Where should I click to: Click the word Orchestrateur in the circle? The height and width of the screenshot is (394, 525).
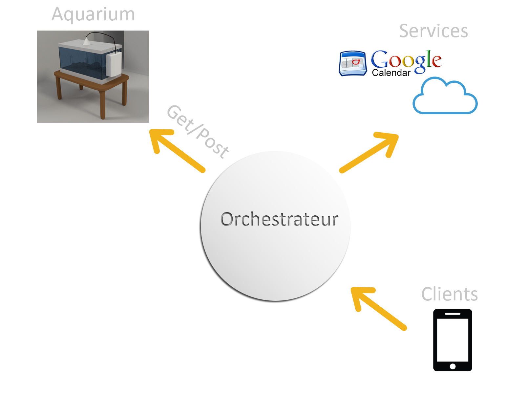click(279, 219)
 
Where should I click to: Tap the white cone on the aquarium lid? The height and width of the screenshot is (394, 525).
click(86, 41)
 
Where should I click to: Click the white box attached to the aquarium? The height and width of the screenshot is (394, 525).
click(114, 64)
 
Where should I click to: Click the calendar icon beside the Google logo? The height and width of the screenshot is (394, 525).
click(352, 63)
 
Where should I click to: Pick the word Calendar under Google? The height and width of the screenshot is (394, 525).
click(391, 73)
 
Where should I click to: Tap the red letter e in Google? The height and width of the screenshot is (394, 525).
click(436, 60)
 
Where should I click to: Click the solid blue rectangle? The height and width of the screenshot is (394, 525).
click(445, 95)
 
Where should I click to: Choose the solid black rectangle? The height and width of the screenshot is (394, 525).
click(452, 340)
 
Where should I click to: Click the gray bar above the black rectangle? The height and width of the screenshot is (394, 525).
click(450, 294)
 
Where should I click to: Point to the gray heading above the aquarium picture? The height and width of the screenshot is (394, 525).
click(93, 15)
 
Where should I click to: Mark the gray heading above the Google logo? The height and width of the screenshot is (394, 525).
click(433, 31)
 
